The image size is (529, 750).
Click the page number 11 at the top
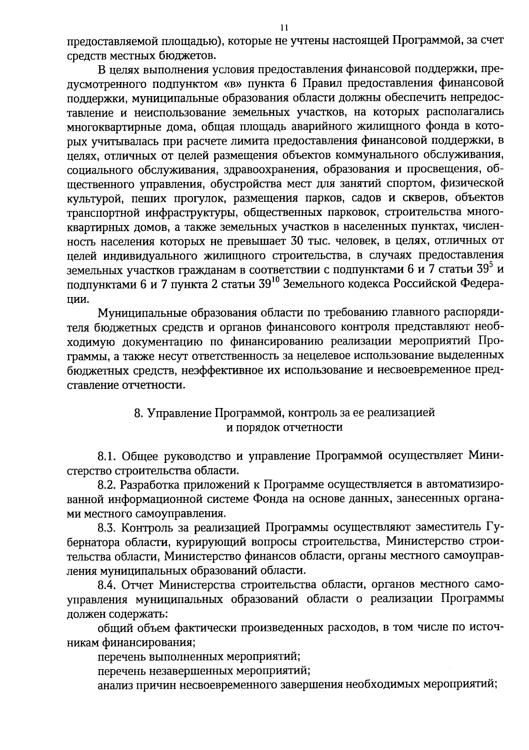click(284, 28)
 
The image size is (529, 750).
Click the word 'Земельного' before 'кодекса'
click(313, 284)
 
